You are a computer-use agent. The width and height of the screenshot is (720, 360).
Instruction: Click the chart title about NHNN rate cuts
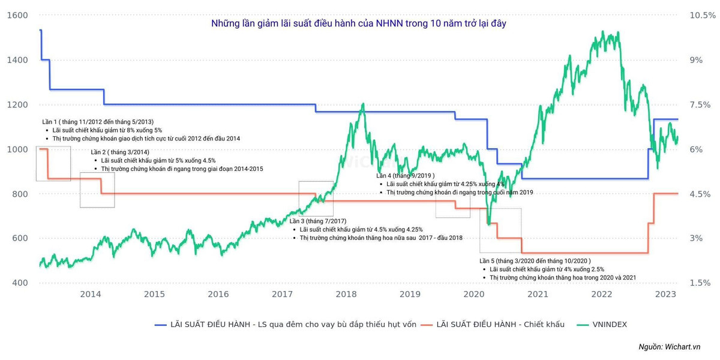point(362,23)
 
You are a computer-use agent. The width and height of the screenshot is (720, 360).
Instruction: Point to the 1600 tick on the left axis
point(17,16)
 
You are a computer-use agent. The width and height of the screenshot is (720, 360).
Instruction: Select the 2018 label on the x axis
point(346,294)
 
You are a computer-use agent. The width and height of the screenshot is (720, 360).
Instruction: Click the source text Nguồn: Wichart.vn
point(670,347)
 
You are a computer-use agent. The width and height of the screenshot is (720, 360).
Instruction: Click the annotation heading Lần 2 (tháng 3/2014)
point(120,152)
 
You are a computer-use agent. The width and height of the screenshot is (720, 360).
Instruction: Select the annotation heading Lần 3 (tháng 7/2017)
point(318,221)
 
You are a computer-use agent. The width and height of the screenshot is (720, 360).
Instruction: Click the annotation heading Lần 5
point(535,261)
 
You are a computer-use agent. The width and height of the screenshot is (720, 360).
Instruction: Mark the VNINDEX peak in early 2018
point(362,104)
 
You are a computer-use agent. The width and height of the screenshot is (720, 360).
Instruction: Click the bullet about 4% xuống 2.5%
point(547,269)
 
